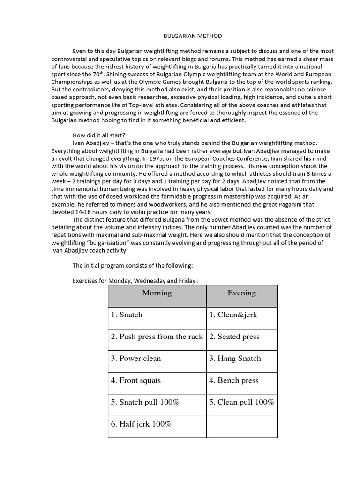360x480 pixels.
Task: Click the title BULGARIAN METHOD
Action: [x=186, y=36]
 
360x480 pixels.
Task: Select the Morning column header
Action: [x=157, y=293]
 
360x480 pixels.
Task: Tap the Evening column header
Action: [x=241, y=293]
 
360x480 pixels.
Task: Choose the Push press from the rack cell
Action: [x=157, y=337]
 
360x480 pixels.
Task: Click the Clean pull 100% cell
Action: [x=241, y=402]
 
